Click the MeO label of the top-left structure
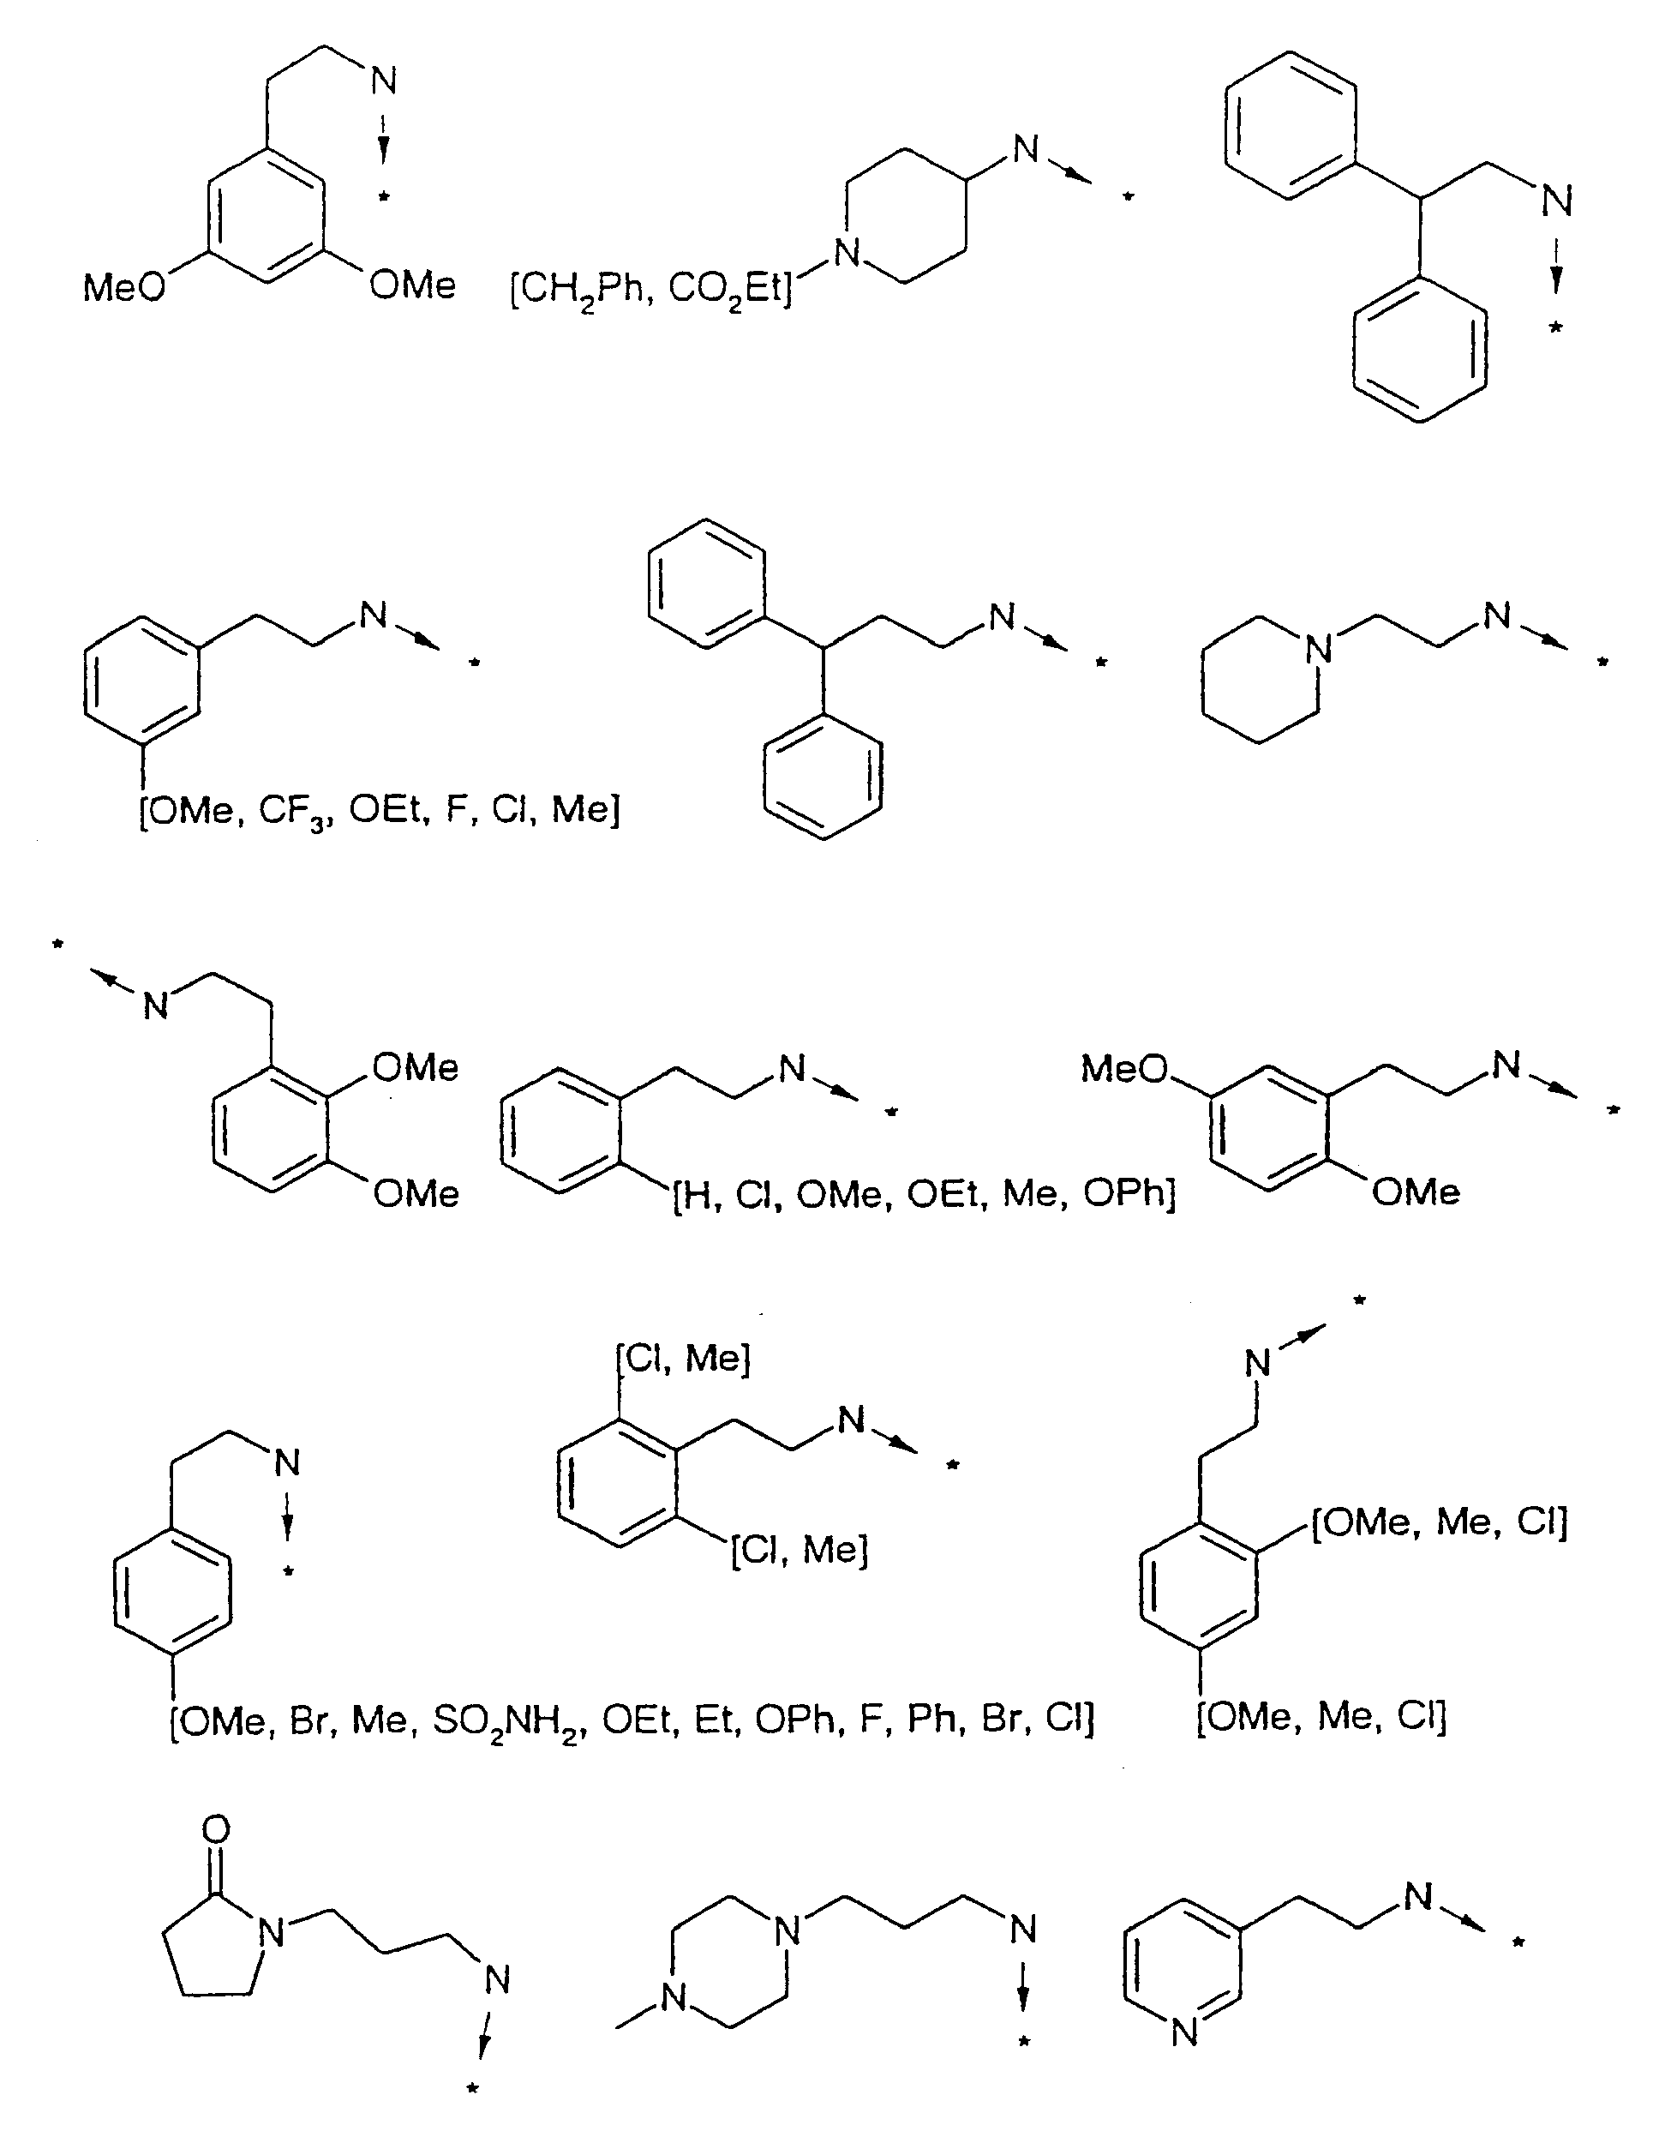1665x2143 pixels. tap(123, 287)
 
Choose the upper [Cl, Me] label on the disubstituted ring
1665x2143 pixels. tap(683, 1358)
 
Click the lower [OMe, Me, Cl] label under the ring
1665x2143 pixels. tap(1321, 1716)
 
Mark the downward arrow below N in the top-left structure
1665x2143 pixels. tap(384, 141)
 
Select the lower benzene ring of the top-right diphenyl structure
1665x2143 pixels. tap(1419, 351)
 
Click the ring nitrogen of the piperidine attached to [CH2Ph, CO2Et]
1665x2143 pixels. tap(847, 253)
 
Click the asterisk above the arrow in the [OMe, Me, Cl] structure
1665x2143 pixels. tap(1359, 1303)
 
